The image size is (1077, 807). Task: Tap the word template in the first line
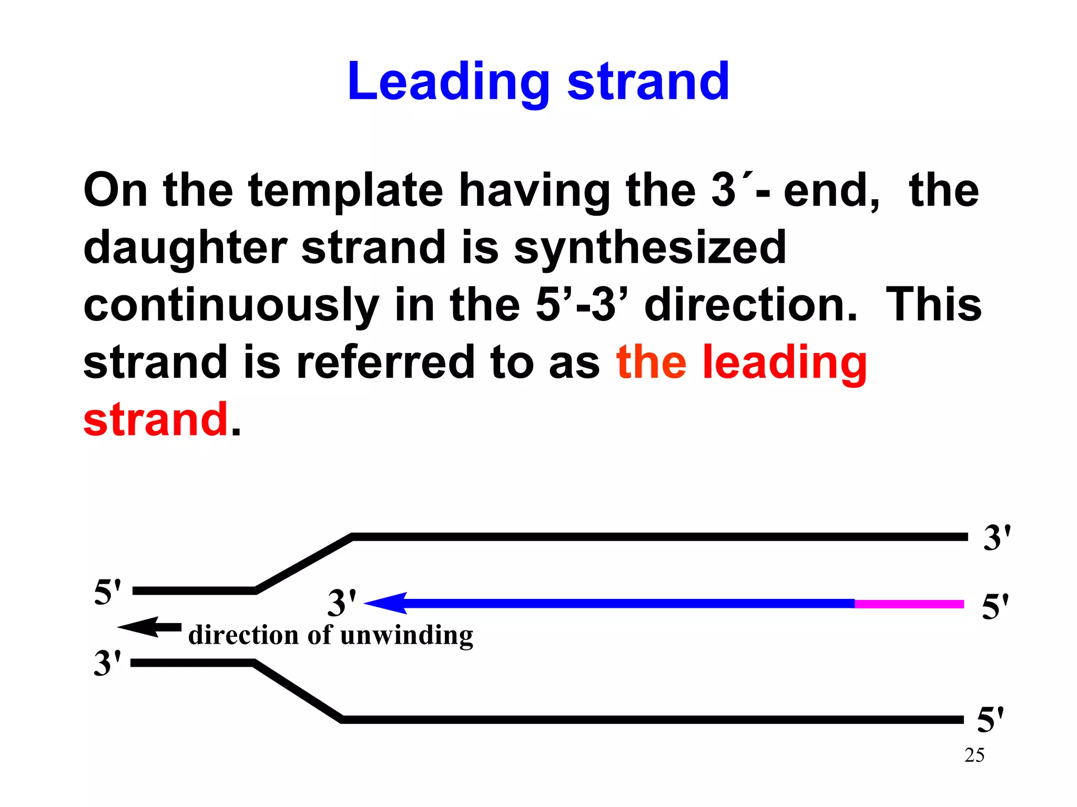[x=346, y=190]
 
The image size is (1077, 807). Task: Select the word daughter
[x=185, y=248]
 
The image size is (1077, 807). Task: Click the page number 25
[x=974, y=756]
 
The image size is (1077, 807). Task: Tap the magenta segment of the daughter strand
[x=909, y=604]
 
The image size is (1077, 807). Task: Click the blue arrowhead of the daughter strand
[x=387, y=603]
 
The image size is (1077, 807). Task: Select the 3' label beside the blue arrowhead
[x=342, y=603]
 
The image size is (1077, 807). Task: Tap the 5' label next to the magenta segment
[x=995, y=607]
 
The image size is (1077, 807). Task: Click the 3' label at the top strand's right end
[x=997, y=538]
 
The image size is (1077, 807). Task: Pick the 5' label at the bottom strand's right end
[x=990, y=720]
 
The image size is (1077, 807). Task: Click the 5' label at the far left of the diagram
[x=107, y=592]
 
